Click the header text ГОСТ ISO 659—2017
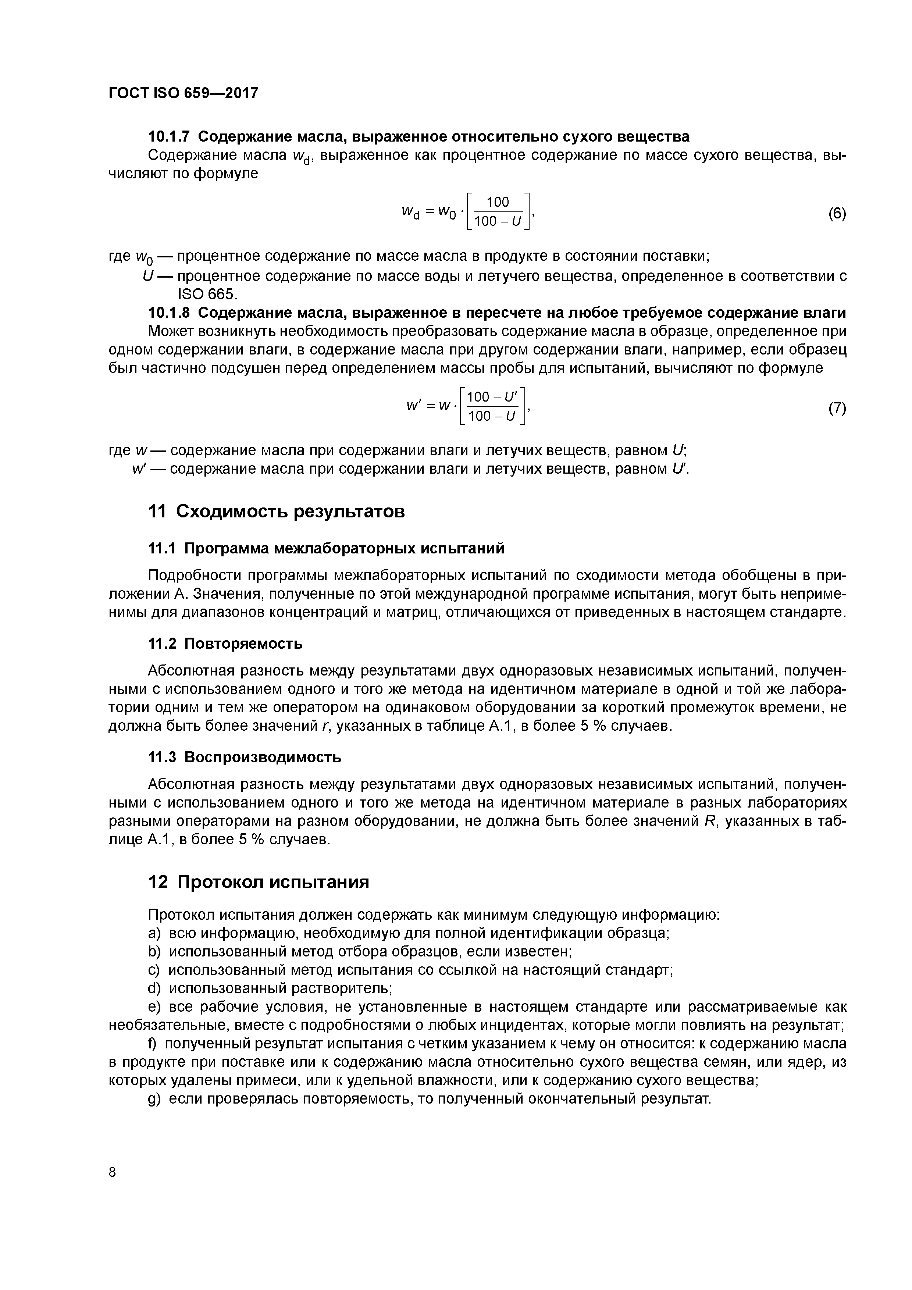[183, 93]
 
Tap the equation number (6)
[837, 214]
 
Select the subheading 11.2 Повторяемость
[225, 643]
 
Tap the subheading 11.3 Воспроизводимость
[245, 758]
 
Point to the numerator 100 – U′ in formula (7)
[493, 397]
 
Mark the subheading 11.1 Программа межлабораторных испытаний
[326, 548]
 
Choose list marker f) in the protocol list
[153, 1043]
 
